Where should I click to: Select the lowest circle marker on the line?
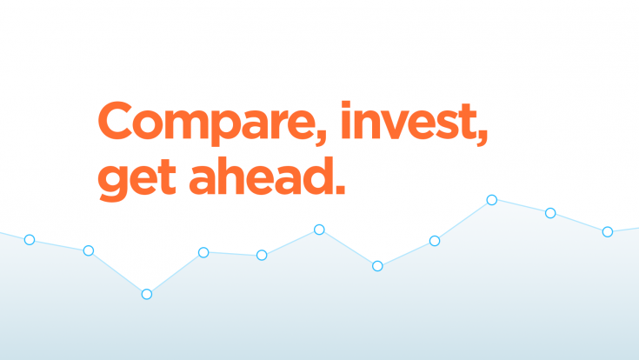(x=146, y=294)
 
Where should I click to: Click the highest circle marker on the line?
(x=491, y=200)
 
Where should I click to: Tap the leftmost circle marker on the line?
(x=29, y=239)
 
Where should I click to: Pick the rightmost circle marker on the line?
(x=608, y=231)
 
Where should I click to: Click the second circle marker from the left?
(x=88, y=250)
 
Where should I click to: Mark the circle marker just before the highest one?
(x=434, y=241)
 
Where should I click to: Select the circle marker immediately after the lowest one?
(x=203, y=252)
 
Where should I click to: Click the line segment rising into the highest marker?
(x=463, y=221)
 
